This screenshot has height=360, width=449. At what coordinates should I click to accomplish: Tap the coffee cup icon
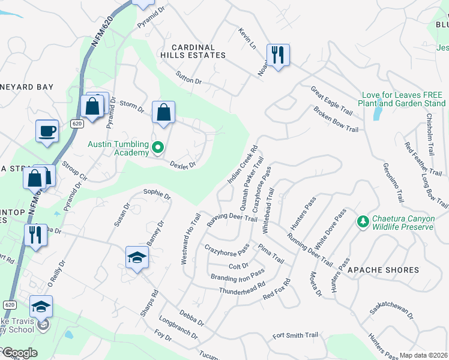pyautogui.click(x=47, y=130)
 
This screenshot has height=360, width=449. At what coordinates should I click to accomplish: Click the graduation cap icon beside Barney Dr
pyautogui.click(x=137, y=257)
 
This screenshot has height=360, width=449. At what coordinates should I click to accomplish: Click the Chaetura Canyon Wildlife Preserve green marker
pyautogui.click(x=363, y=222)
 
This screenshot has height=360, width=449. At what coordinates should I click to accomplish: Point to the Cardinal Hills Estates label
pyautogui.click(x=198, y=51)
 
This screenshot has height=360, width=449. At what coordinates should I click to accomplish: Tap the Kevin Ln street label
pyautogui.click(x=247, y=38)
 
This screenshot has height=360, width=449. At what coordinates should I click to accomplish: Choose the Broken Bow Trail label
pyautogui.click(x=336, y=120)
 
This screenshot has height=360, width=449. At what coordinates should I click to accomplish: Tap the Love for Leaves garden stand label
pyautogui.click(x=402, y=99)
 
